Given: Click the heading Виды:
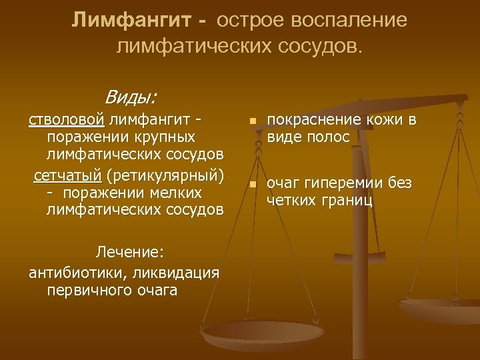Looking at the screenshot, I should pos(131,97).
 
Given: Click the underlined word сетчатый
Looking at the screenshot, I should pos(66,177).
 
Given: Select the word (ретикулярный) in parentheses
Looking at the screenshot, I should pos(163,177).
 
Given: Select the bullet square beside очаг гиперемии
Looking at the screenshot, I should pos(252,185).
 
